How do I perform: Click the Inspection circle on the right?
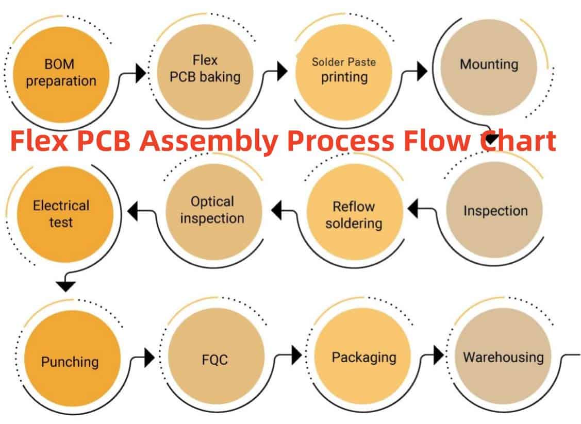click(494, 211)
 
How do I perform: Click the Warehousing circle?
click(503, 357)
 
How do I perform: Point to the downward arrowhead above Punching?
click(67, 285)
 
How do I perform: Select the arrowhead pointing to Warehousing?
click(439, 355)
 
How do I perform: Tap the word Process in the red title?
click(348, 141)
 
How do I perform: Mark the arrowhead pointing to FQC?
click(150, 356)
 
